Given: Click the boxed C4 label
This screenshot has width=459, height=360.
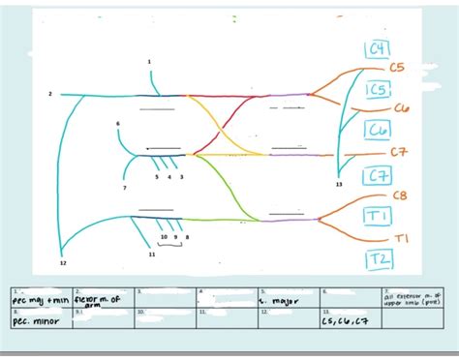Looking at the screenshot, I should coord(377,49).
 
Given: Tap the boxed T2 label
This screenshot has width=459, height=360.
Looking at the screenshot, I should coord(379,258).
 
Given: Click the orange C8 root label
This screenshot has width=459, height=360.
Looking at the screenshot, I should coord(400,195).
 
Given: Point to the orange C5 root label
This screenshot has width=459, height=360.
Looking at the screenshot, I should coord(397,68).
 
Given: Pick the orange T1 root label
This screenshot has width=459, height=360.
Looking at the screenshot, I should coord(402,238).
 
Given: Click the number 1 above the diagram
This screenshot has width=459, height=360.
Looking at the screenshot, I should coord(149,62).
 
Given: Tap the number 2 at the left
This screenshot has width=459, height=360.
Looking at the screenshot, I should coord(50,94).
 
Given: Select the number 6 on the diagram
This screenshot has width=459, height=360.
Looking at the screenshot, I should coord(117,124).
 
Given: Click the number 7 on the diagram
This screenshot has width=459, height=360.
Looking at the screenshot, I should coord(124,188).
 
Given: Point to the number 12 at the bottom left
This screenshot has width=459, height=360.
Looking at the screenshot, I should coord(63,263).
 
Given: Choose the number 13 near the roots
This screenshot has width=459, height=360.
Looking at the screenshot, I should coord(339,184).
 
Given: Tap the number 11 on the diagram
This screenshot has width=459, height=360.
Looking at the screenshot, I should coord(152,255).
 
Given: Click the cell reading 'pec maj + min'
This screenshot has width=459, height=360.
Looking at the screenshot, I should coord(39,301).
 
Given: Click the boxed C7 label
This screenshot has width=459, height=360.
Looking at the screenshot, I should coord(378,175).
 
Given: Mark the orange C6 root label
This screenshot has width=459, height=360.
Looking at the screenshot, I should coord(401,109).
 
